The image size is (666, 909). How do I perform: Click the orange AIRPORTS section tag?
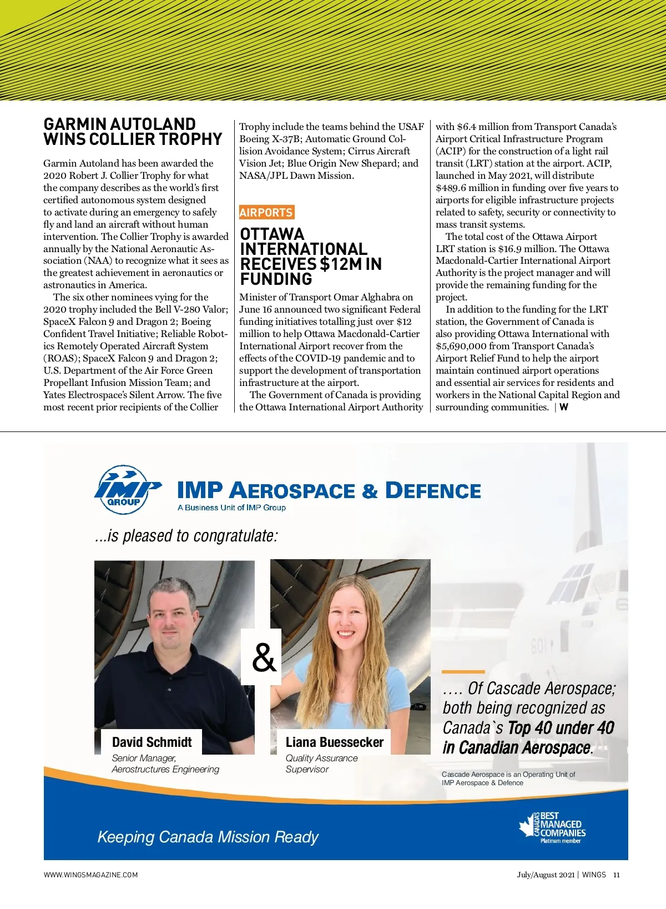266,212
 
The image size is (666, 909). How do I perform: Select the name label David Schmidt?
152,742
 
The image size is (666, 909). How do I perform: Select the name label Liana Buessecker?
334,742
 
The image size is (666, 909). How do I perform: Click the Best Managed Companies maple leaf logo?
552,828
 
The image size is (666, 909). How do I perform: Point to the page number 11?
616,875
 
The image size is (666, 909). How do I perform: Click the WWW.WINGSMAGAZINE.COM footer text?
91,875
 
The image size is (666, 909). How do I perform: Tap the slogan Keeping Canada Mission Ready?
208,837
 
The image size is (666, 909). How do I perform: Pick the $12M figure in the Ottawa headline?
339,264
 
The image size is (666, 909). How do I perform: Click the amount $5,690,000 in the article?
460,346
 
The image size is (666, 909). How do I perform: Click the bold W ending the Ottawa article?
564,407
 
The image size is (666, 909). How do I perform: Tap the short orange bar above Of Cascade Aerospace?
463,672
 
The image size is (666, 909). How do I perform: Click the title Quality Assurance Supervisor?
321,764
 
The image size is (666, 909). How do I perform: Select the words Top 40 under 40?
561,728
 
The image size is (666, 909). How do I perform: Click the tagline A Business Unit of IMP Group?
231,508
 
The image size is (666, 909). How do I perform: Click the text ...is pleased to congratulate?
186,536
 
